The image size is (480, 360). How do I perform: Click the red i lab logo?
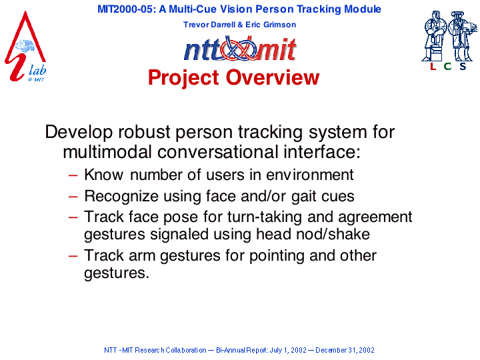pyautogui.click(x=25, y=47)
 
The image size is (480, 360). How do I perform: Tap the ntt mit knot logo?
pyautogui.click(x=240, y=49)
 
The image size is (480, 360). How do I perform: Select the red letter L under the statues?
pyautogui.click(x=433, y=66)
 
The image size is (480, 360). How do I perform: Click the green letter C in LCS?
pyautogui.click(x=447, y=66)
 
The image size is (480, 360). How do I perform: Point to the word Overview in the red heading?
pyautogui.click(x=273, y=77)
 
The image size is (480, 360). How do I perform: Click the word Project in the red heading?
pyautogui.click(x=184, y=78)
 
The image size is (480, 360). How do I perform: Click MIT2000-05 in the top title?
pyautogui.click(x=125, y=9)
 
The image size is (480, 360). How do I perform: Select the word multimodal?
pyautogui.click(x=107, y=152)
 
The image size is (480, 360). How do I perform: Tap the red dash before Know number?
pyautogui.click(x=73, y=175)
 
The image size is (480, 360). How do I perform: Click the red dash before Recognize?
pyautogui.click(x=73, y=197)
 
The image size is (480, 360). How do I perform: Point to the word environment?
pyautogui.click(x=310, y=175)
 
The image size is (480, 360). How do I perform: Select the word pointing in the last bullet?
pyautogui.click(x=277, y=256)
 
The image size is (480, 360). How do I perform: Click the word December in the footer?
pyautogui.click(x=330, y=350)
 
